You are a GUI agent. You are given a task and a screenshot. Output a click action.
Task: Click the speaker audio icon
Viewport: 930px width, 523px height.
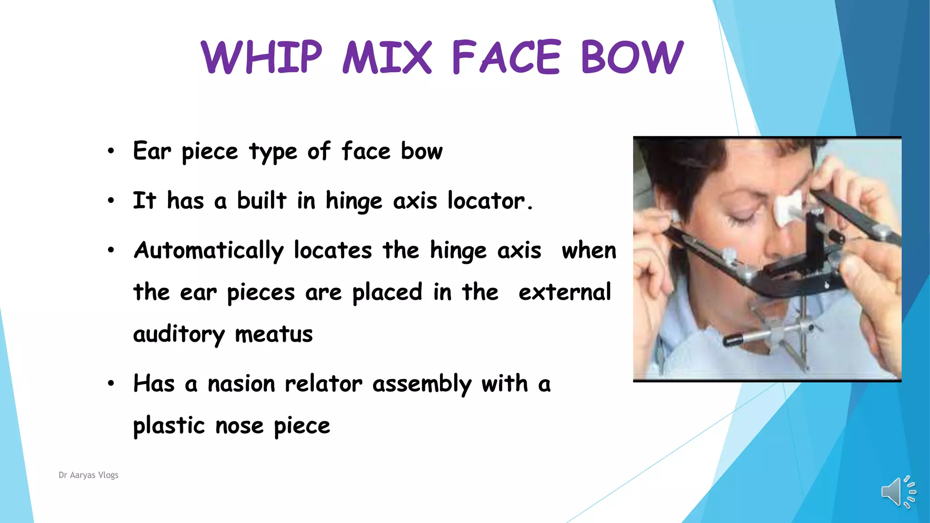[898, 492]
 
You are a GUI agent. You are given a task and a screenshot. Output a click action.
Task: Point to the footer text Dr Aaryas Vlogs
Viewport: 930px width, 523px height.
[89, 475]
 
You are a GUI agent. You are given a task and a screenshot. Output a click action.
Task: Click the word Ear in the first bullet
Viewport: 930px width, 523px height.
[152, 151]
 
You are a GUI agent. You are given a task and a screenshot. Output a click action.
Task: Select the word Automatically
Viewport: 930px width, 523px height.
[209, 251]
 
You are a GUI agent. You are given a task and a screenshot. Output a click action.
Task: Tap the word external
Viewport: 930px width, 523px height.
[564, 292]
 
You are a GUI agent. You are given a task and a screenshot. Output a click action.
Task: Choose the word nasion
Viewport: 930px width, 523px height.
[241, 384]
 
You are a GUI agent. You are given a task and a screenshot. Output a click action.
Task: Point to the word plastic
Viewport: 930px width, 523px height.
[169, 426]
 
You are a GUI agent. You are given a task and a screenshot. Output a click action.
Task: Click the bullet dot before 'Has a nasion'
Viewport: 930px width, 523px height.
[111, 384]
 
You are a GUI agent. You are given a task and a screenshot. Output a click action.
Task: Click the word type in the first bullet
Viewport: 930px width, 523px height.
[273, 152]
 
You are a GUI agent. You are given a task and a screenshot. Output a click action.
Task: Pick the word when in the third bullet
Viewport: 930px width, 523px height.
[589, 251]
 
